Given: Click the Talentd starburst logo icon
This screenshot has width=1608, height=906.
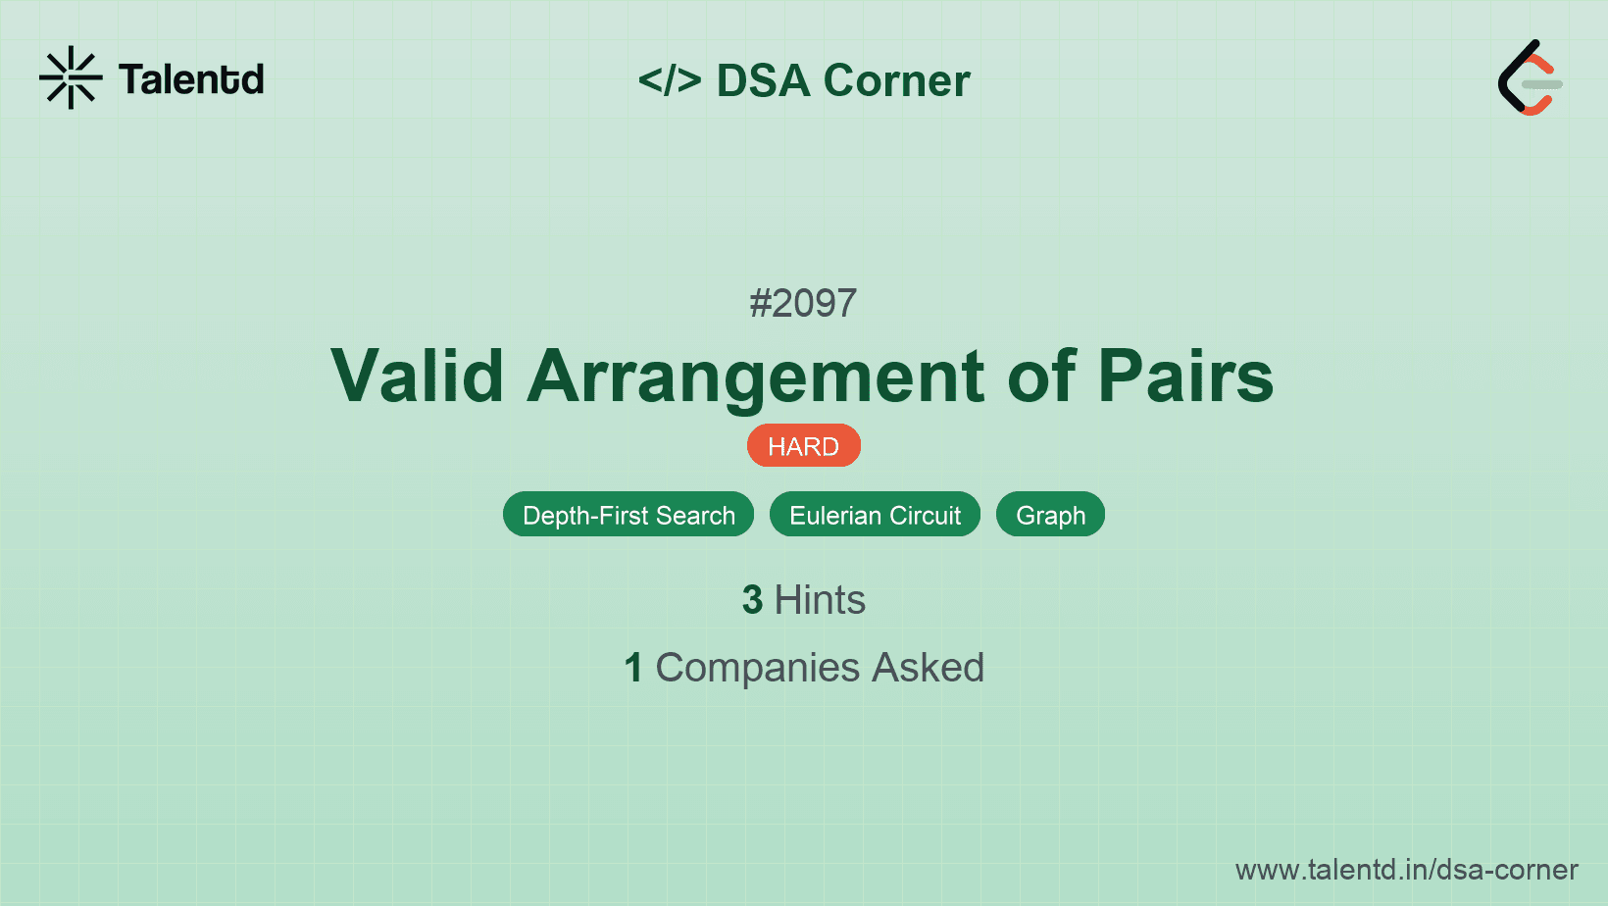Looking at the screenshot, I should [71, 77].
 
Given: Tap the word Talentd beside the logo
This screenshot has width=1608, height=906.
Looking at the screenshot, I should [191, 79].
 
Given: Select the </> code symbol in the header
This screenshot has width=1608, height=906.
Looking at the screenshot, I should [670, 80].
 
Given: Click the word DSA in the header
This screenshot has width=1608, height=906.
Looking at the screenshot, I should [763, 80].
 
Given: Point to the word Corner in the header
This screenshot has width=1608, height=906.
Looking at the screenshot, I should [897, 80].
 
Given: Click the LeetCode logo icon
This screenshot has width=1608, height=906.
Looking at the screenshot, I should [1530, 78].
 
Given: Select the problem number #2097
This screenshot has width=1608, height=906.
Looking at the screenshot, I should [803, 303].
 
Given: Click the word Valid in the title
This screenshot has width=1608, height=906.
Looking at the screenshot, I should [418, 376].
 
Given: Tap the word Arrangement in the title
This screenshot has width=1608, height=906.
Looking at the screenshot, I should [756, 377].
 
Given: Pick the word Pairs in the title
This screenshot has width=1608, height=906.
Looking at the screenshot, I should [1184, 376].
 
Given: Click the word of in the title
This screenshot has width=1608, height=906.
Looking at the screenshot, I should [1041, 376].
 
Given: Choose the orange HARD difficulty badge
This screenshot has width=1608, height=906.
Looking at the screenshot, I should [803, 446].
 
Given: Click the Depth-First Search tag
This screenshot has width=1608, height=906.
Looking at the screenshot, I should [628, 515].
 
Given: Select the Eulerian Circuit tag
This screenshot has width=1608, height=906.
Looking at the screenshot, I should [875, 515].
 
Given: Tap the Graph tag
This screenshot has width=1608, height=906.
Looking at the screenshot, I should [1050, 515].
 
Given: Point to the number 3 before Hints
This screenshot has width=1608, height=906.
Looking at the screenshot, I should [752, 600].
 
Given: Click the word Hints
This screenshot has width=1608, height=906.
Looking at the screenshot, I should [820, 600].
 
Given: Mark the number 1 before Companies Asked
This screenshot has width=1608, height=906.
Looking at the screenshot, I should [633, 668].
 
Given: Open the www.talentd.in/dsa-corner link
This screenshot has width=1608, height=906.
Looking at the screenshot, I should [1406, 870].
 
